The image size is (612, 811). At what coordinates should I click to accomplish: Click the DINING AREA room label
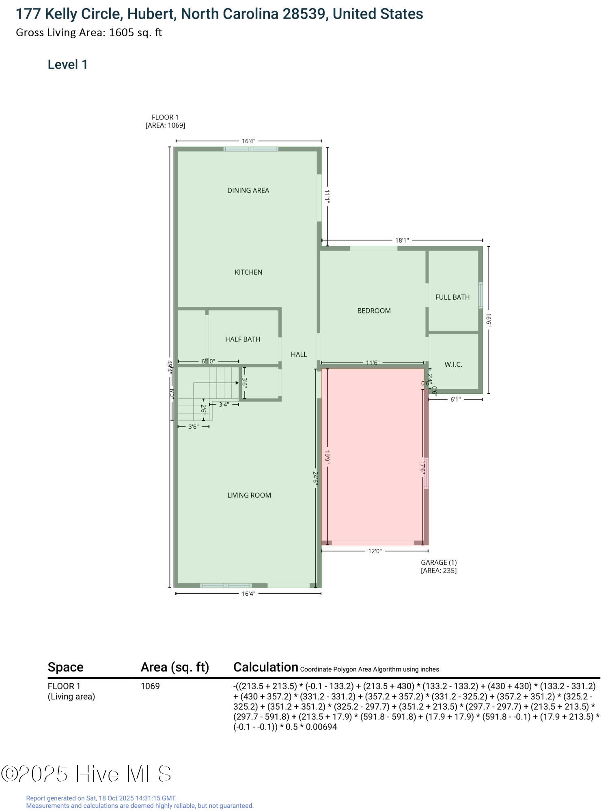pyautogui.click(x=248, y=191)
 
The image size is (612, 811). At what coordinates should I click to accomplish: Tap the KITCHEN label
pyautogui.click(x=248, y=272)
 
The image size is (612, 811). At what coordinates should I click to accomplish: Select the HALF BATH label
pyautogui.click(x=243, y=339)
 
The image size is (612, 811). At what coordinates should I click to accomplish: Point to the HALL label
pyautogui.click(x=299, y=354)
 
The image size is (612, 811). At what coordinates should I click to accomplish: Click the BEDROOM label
pyautogui.click(x=374, y=311)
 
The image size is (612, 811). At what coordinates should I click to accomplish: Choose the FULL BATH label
pyautogui.click(x=453, y=297)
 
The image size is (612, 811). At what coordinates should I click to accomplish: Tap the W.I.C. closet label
pyautogui.click(x=453, y=365)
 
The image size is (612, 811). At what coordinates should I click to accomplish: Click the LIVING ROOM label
pyautogui.click(x=249, y=495)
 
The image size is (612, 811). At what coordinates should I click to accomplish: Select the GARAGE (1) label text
pyautogui.click(x=439, y=562)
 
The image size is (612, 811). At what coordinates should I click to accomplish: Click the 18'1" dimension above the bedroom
pyautogui.click(x=402, y=240)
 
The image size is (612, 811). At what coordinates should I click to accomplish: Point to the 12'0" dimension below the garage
pyautogui.click(x=375, y=551)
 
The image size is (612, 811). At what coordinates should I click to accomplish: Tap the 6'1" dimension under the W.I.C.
pyautogui.click(x=455, y=399)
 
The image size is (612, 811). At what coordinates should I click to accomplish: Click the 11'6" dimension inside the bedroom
pyautogui.click(x=372, y=363)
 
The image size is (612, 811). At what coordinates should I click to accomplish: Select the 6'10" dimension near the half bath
pyautogui.click(x=208, y=361)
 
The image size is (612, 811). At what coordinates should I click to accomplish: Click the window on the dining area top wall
pyautogui.click(x=251, y=149)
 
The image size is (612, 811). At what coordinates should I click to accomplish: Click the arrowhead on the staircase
pyautogui.click(x=237, y=383)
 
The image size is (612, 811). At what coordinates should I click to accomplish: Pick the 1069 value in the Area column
pyautogui.click(x=150, y=686)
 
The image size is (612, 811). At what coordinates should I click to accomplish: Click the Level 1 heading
pyautogui.click(x=68, y=65)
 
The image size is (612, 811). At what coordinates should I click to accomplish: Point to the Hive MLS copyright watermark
pyautogui.click(x=86, y=774)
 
